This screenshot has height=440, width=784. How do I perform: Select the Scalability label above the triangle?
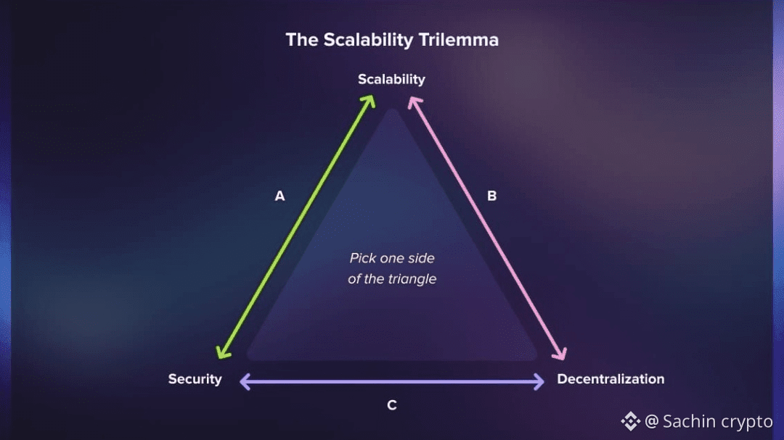(391, 79)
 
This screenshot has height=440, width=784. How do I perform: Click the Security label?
(195, 379)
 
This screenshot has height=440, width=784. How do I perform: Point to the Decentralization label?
(611, 379)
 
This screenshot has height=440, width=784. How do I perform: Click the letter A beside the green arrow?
(279, 196)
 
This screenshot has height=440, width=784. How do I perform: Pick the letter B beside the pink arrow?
(491, 196)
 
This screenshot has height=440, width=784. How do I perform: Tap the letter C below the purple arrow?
(391, 405)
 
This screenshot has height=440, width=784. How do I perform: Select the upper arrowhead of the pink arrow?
(414, 101)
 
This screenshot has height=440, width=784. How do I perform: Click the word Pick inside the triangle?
(363, 258)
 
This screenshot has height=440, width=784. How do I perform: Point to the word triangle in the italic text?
(412, 279)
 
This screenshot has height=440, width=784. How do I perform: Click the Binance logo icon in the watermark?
(630, 420)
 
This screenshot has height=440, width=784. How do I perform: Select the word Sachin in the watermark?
(687, 421)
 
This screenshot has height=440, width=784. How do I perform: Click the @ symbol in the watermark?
(651, 421)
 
